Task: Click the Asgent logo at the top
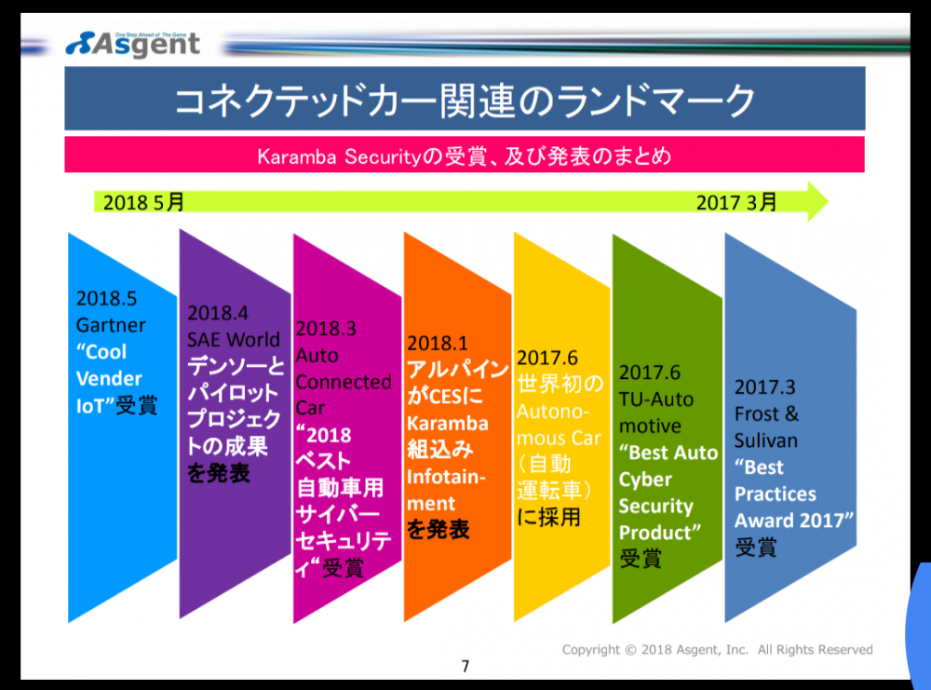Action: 133,45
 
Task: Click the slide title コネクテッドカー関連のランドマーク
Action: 465,100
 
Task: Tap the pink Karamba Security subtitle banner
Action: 465,155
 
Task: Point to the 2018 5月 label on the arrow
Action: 143,202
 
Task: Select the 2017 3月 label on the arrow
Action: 736,202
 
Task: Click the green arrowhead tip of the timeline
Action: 828,201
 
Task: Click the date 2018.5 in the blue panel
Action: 106,298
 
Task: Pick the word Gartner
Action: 111,325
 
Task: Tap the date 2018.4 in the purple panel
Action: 218,313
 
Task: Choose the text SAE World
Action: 234,340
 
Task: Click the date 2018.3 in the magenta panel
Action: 326,329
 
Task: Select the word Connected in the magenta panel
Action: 344,382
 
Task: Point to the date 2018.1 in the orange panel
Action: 438,344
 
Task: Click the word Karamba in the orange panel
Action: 448,424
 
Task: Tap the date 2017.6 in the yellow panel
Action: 546,359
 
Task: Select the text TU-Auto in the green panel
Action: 656,399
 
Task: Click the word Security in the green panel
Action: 655,506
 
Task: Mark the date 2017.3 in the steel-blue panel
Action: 764,387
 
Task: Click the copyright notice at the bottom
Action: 717,650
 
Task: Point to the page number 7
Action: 465,666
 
